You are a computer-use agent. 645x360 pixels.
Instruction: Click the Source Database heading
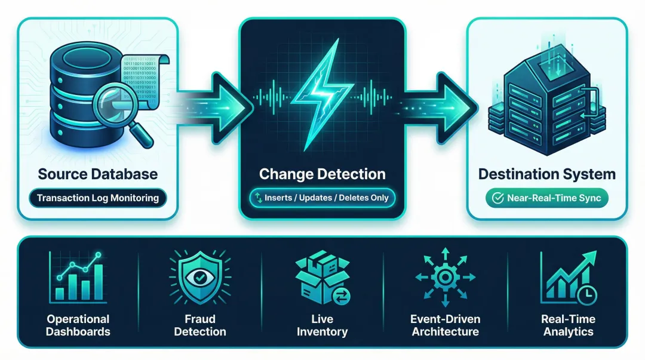tap(98, 174)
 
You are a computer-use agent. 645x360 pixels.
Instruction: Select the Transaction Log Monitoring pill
tap(97, 198)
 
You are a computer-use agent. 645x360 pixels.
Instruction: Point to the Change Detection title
tap(322, 174)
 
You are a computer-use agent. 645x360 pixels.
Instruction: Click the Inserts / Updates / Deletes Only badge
tap(322, 198)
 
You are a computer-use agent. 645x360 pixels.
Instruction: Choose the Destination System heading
tap(546, 174)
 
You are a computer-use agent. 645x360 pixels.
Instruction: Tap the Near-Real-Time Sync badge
tap(547, 198)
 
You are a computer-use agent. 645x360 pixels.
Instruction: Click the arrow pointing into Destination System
tap(439, 98)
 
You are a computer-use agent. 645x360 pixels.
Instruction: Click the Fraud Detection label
tap(199, 325)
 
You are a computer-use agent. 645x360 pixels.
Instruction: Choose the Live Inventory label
tap(322, 325)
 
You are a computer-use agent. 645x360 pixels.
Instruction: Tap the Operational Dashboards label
tap(78, 325)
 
